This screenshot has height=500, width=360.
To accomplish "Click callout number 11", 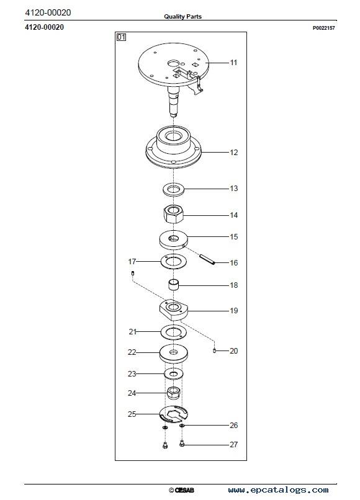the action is point(233,63).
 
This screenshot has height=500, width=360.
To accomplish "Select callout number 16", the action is point(233,263).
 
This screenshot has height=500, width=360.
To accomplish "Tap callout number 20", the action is point(233,350).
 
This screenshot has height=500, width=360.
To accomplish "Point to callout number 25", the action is point(132,414).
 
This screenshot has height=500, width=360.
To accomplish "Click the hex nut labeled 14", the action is point(173,214).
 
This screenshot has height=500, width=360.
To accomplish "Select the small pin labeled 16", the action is point(207,259).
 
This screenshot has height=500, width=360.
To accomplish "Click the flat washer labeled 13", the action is point(173,189).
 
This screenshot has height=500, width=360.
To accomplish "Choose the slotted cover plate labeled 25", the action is point(174,414).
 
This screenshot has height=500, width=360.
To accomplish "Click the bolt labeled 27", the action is point(182,444).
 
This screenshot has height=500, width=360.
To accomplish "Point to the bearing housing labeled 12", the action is point(173,146).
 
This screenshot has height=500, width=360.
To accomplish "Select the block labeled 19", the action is point(173,310).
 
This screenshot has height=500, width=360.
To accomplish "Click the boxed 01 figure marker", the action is point(121,37).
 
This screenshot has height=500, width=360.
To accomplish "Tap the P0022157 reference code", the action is point(323,28).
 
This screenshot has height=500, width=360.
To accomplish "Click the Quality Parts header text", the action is point(183,16).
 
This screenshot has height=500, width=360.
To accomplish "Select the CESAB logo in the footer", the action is point(182,490).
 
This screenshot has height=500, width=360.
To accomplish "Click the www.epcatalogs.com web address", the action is point(278,490).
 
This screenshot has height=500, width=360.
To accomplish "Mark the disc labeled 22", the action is point(173,354).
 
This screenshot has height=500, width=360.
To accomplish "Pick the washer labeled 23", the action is point(174,373).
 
